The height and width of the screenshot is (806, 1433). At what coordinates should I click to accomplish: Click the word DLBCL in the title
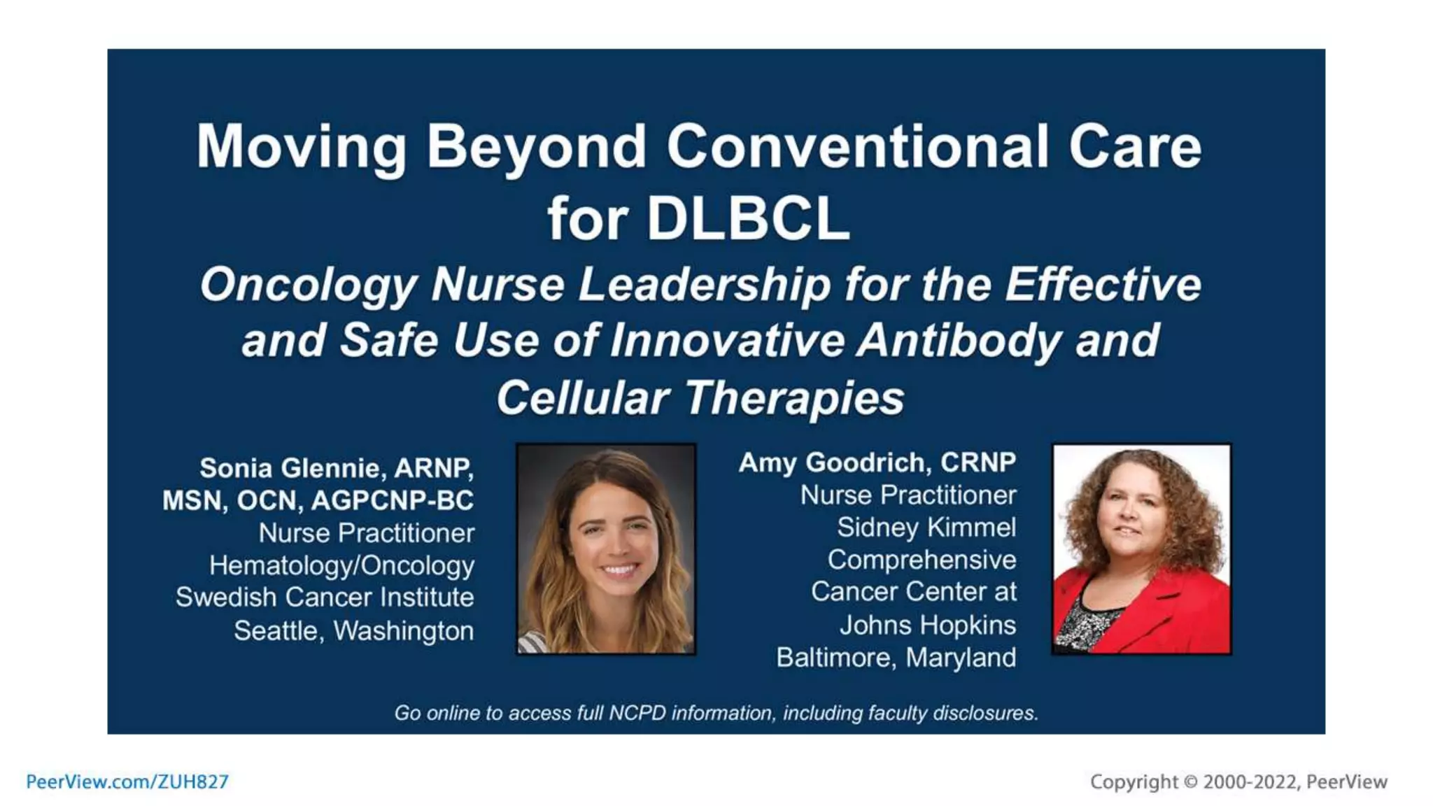pyautogui.click(x=747, y=220)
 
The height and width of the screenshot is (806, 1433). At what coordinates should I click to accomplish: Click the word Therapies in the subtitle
pyautogui.click(x=793, y=399)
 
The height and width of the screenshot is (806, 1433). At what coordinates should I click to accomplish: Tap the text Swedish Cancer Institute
pyautogui.click(x=325, y=598)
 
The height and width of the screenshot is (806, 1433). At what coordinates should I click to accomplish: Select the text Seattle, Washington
pyautogui.click(x=353, y=631)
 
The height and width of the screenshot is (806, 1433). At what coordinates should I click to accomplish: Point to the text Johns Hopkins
pyautogui.click(x=927, y=625)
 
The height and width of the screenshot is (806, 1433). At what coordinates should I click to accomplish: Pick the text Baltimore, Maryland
pyautogui.click(x=896, y=658)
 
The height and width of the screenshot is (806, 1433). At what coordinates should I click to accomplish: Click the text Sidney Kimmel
pyautogui.click(x=926, y=528)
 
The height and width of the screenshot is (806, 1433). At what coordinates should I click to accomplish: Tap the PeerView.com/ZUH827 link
pyautogui.click(x=127, y=782)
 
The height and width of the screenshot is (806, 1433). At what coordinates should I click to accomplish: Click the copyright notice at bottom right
pyautogui.click(x=1238, y=782)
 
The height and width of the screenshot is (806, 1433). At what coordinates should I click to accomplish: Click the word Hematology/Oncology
pyautogui.click(x=341, y=565)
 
